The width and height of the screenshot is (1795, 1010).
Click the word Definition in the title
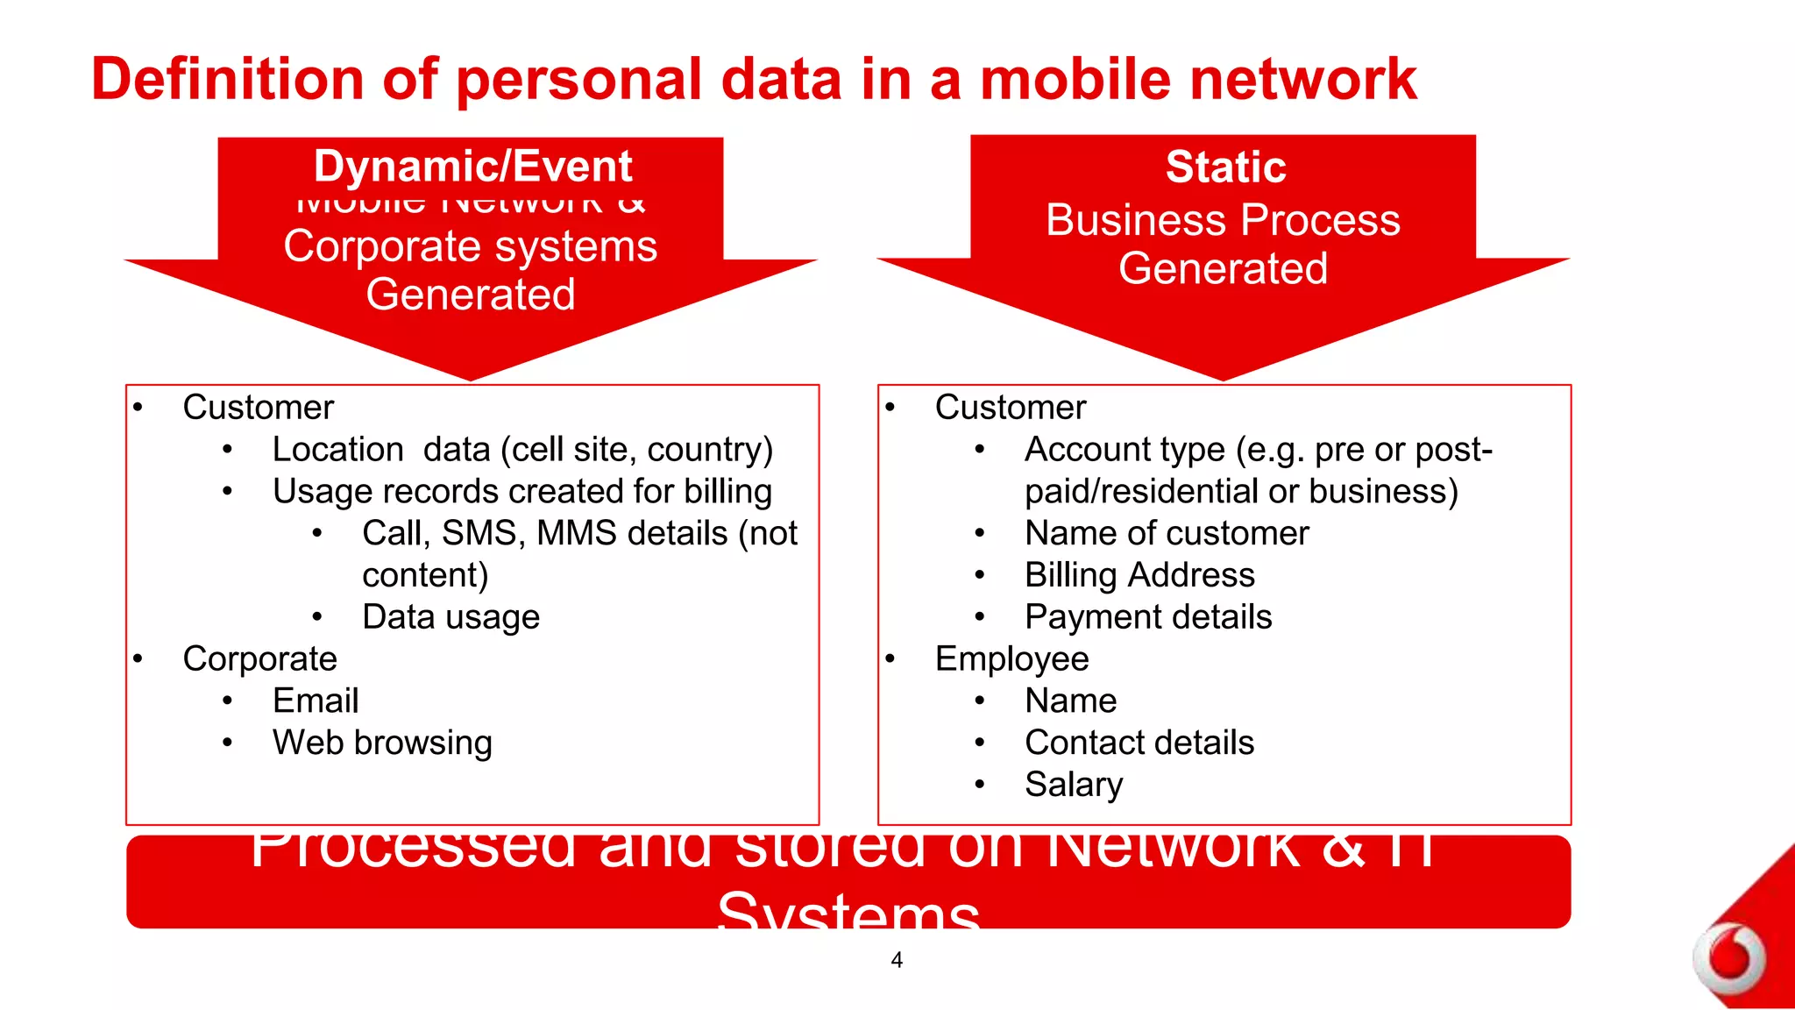[x=226, y=79]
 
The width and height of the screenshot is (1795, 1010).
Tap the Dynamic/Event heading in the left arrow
[x=472, y=167]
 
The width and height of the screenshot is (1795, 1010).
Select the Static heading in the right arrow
[x=1225, y=167]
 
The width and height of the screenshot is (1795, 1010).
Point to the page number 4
[x=897, y=960]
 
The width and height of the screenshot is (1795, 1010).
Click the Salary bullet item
[x=1073, y=784]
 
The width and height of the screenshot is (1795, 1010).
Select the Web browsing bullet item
[x=382, y=743]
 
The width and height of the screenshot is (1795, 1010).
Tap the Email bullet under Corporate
[x=316, y=701]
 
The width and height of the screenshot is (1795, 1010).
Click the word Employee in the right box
[x=1011, y=658]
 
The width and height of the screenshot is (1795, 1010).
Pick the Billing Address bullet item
[x=1139, y=575]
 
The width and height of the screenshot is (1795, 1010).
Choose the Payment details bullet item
[x=1148, y=617]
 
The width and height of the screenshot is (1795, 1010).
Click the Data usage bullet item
[x=451, y=617]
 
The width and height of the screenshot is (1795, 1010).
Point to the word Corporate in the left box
[x=259, y=658]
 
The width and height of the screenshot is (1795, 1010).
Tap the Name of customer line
[x=1167, y=533]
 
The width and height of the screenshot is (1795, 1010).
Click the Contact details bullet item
[x=1139, y=743]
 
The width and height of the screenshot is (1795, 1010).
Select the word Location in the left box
[x=337, y=450]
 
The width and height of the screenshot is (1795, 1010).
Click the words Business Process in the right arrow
[x=1223, y=219]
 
